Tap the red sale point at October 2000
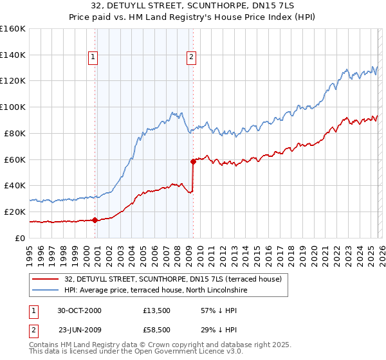95,220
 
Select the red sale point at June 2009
193,161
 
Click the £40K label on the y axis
15,185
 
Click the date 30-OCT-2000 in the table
79,310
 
